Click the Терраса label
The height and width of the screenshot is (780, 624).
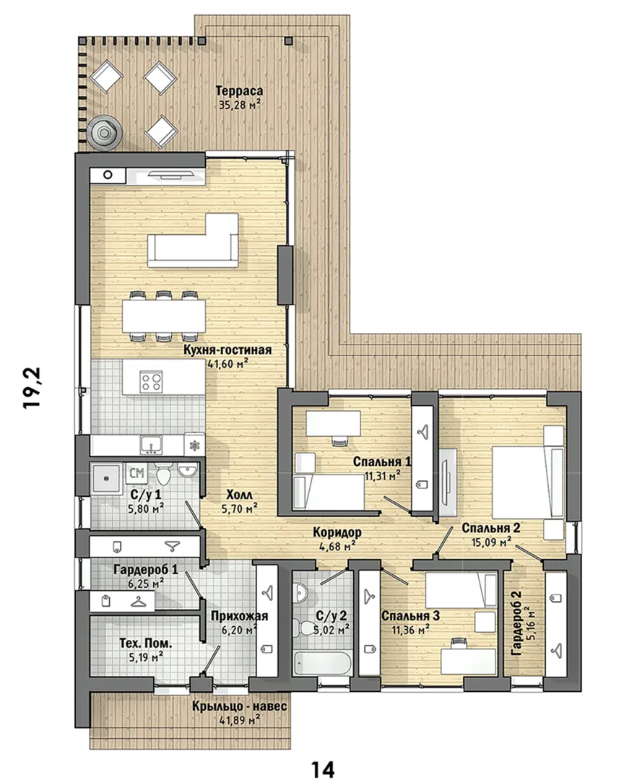click(239, 91)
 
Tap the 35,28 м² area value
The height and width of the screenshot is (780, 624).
click(240, 105)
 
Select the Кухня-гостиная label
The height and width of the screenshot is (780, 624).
click(228, 350)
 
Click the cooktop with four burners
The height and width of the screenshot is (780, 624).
click(151, 383)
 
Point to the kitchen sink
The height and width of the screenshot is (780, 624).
click(150, 445)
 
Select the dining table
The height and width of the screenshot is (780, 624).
click(164, 316)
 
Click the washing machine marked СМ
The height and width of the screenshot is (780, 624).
click(136, 473)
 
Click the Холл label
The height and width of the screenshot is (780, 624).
click(239, 495)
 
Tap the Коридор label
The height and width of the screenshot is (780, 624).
click(337, 532)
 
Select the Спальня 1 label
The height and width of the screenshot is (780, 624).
click(382, 461)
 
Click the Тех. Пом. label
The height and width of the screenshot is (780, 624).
click(146, 643)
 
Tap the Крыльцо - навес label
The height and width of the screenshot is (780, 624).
click(240, 707)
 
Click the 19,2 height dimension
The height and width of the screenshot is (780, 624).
click(33, 388)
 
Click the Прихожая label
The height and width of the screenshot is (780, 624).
click(239, 616)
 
